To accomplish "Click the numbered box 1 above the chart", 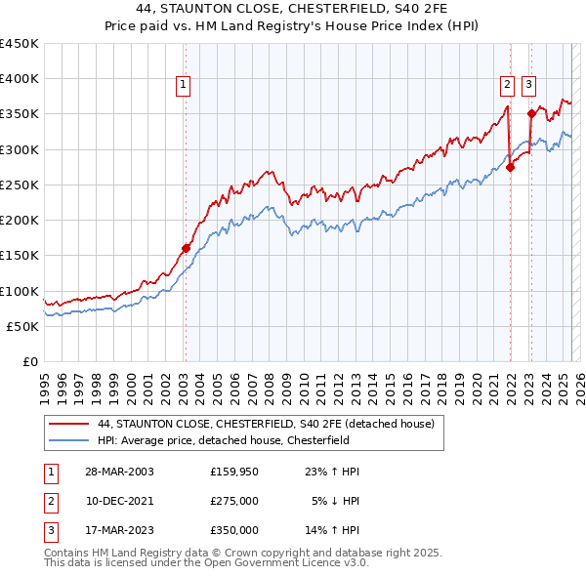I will click(185, 86).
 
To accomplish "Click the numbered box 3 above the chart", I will click(528, 86).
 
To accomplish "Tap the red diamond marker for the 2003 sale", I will click(186, 248).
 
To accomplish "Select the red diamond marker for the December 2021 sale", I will click(510, 167).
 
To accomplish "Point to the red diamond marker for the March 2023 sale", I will click(531, 113).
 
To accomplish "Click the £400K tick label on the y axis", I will click(20, 79).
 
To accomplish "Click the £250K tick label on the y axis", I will click(20, 185).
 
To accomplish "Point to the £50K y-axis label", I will click(23, 326).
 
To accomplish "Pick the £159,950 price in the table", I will click(234, 472).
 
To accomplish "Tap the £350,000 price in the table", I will click(234, 530).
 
